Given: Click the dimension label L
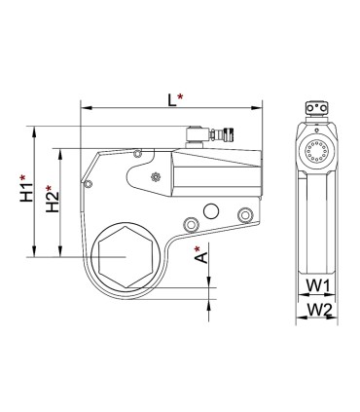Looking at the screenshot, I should (171, 99).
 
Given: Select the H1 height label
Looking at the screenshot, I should (27, 188).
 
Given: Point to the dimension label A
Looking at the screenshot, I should (199, 257).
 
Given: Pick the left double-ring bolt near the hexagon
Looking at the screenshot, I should (191, 226).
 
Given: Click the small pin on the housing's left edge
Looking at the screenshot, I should (89, 182).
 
